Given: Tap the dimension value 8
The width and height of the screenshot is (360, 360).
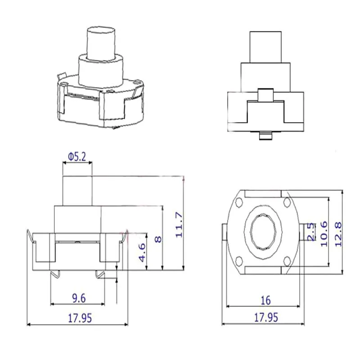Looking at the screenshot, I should (x=157, y=238).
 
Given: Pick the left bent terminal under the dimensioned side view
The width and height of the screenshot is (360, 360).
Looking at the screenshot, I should (x=55, y=274).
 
